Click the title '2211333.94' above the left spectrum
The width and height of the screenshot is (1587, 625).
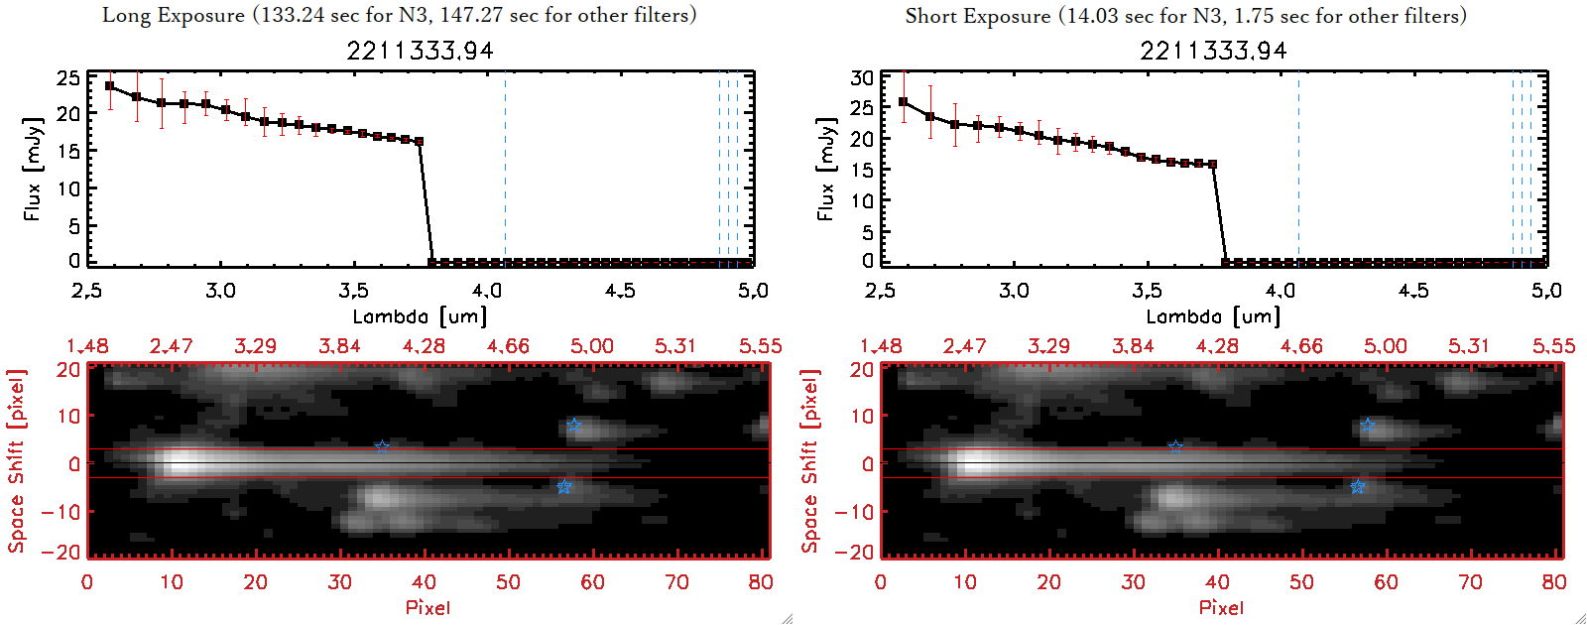(420, 51)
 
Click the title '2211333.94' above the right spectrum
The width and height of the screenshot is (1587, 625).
(1213, 51)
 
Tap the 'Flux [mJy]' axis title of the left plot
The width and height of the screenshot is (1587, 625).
(33, 170)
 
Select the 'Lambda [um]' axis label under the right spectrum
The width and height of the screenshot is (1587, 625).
(1213, 316)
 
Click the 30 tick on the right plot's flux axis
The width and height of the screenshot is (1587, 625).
(862, 78)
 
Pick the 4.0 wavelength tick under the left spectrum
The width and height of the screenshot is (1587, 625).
(486, 291)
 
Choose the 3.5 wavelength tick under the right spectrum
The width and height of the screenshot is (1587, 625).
(1147, 291)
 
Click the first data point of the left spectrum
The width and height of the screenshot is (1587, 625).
(109, 86)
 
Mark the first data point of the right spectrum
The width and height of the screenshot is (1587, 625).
(903, 102)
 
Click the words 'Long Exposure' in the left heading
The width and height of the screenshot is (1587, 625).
(174, 15)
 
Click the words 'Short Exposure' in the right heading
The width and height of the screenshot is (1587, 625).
(977, 16)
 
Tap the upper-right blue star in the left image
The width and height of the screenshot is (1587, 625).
(574, 425)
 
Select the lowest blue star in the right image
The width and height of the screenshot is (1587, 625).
(1357, 487)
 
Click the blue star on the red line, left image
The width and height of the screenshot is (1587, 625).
(382, 446)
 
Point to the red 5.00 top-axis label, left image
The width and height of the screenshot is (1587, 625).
(591, 346)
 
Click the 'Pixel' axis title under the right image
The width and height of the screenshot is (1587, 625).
(1221, 607)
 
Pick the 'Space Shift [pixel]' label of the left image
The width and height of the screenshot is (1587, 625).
(16, 461)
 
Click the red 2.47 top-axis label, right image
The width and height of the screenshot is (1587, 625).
(964, 346)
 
